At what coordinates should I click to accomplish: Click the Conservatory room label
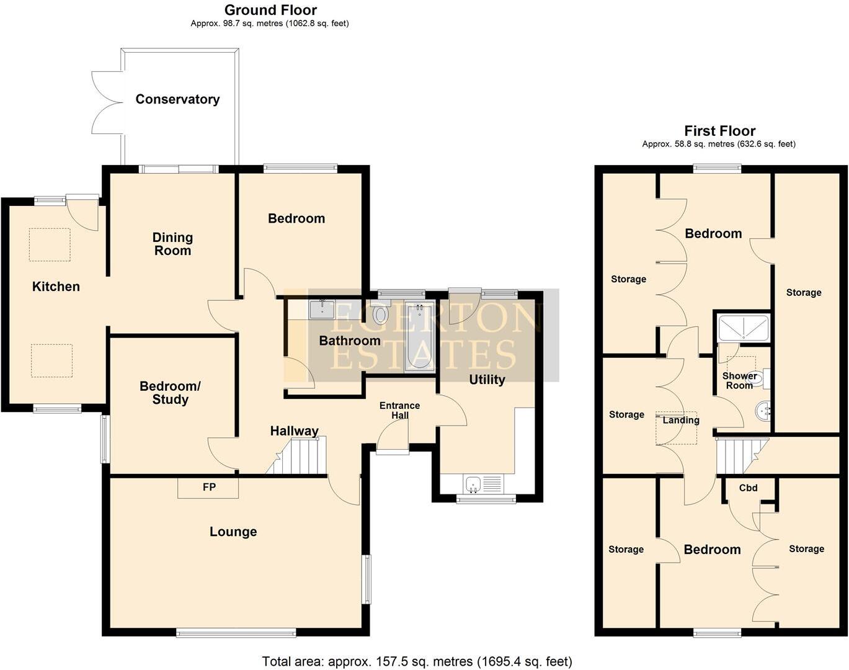click(177, 99)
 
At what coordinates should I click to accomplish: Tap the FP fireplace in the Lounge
click(208, 488)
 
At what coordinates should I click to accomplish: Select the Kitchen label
click(56, 287)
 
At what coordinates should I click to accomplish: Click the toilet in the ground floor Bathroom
click(380, 315)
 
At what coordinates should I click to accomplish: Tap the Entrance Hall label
click(399, 410)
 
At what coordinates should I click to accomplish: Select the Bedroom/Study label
click(170, 393)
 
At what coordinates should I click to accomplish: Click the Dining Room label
click(172, 244)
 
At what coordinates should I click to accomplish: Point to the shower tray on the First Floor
click(743, 328)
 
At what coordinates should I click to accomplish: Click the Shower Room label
click(739, 380)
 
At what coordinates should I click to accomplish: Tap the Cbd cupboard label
click(748, 488)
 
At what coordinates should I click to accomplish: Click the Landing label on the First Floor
click(680, 420)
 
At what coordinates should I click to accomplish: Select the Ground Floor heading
click(270, 10)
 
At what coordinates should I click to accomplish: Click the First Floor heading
click(719, 131)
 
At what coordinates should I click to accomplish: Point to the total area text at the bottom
click(417, 661)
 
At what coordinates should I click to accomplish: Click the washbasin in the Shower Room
click(762, 410)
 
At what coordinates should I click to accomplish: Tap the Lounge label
click(233, 532)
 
